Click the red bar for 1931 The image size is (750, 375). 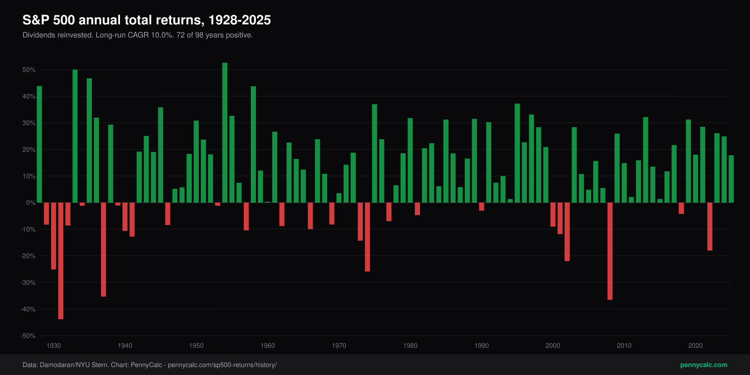[x=60, y=261]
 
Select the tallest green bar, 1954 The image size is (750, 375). [x=225, y=133]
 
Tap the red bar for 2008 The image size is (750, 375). [x=610, y=251]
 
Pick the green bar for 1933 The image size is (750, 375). [x=75, y=136]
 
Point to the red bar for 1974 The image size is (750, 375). [x=367, y=237]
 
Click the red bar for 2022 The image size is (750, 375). [x=710, y=227]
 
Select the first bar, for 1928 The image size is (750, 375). [x=39, y=144]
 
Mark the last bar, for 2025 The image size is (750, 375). [x=731, y=179]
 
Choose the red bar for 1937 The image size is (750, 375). [x=104, y=249]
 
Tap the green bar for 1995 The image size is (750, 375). [x=517, y=153]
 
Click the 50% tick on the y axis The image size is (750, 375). [x=29, y=70]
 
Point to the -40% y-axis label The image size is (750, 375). [x=28, y=309]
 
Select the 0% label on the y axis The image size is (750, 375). [x=30, y=202]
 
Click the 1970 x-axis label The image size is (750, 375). [x=339, y=345]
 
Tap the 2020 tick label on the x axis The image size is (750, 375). [x=696, y=345]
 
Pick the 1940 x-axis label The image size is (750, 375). [x=125, y=345]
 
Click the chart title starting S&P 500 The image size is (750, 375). [x=147, y=20]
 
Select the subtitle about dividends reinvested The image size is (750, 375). [x=138, y=35]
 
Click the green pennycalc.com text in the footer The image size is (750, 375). [x=704, y=365]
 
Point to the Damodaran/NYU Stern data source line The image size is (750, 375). [x=150, y=365]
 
